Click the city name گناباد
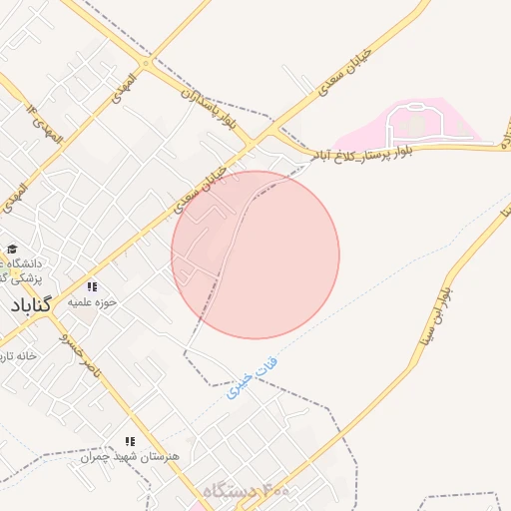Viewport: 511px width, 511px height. tap(36, 304)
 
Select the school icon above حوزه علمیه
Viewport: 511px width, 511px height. tap(92, 285)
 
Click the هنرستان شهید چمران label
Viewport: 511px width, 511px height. tap(131, 455)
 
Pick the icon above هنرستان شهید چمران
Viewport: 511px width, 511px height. tap(129, 440)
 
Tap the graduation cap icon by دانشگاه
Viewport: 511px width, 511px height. tap(12, 250)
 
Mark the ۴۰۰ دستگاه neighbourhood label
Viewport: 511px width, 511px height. tap(246, 491)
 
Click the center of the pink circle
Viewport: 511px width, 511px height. tap(255, 255)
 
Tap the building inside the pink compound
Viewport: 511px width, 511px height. tap(411, 126)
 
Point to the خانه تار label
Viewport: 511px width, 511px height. tap(19, 355)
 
